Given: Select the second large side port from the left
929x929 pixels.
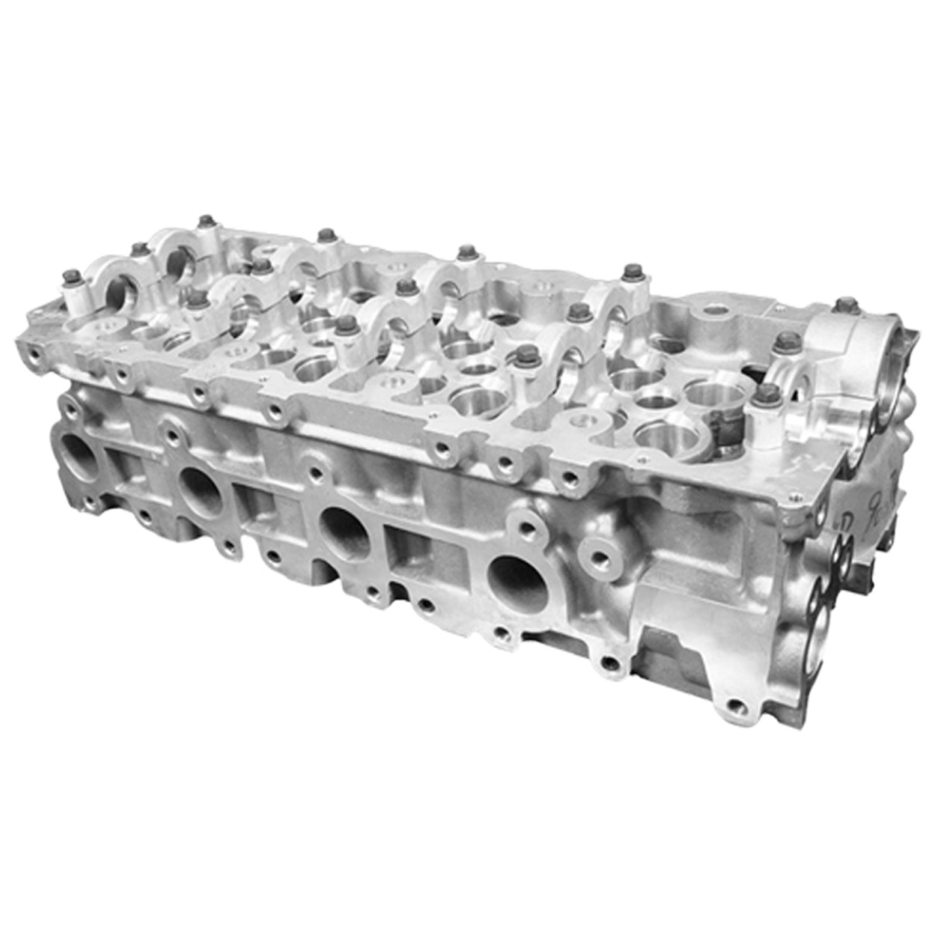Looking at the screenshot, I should pyautogui.click(x=200, y=491).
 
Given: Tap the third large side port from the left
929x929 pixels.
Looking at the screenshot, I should pyautogui.click(x=345, y=531).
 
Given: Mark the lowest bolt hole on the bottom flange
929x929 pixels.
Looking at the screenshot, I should pyautogui.click(x=739, y=706).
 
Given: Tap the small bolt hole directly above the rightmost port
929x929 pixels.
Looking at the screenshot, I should pyautogui.click(x=529, y=530).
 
